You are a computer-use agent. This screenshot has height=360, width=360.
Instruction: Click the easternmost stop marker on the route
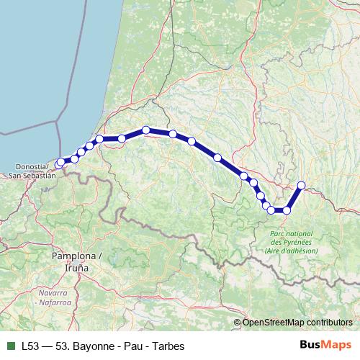coord(301,186)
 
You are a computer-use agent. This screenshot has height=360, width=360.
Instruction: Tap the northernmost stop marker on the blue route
coord(146,130)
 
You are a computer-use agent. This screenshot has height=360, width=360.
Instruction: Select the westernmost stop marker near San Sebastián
coord(60,164)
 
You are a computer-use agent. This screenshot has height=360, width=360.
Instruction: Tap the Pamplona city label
coord(74,256)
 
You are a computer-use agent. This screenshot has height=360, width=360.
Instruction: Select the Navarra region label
coord(53,293)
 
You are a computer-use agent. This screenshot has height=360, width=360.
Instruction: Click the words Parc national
coord(292,234)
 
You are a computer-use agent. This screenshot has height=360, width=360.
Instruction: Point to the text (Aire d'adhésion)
coord(292,251)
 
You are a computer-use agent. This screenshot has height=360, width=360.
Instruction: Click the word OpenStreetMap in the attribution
coord(274,322)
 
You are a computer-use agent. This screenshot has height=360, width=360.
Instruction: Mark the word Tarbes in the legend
coord(170,346)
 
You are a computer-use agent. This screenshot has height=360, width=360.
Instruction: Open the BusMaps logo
coord(325,345)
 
